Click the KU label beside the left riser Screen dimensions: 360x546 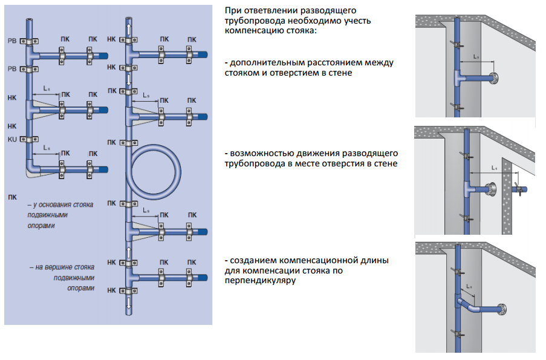[11, 139]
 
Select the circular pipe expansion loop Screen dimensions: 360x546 [155, 171]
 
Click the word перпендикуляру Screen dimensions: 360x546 [255, 281]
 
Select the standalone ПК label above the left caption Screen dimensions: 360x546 [13, 197]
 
